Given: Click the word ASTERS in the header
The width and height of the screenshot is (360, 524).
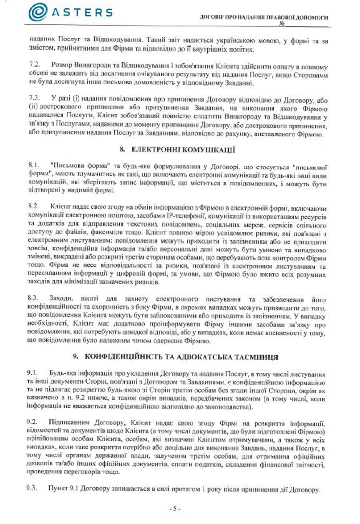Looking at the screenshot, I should [83, 13].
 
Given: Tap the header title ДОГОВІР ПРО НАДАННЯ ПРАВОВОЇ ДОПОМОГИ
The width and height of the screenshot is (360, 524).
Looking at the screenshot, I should [264, 17].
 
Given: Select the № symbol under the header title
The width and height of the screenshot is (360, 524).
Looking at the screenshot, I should [282, 24].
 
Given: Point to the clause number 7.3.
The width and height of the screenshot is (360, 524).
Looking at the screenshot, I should [34, 98].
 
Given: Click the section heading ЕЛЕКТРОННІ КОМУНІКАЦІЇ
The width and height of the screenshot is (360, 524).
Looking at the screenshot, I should [183, 150].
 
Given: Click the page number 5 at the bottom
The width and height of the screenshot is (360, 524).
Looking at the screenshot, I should [175, 509].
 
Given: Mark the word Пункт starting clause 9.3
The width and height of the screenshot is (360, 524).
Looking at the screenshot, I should [56, 488].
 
